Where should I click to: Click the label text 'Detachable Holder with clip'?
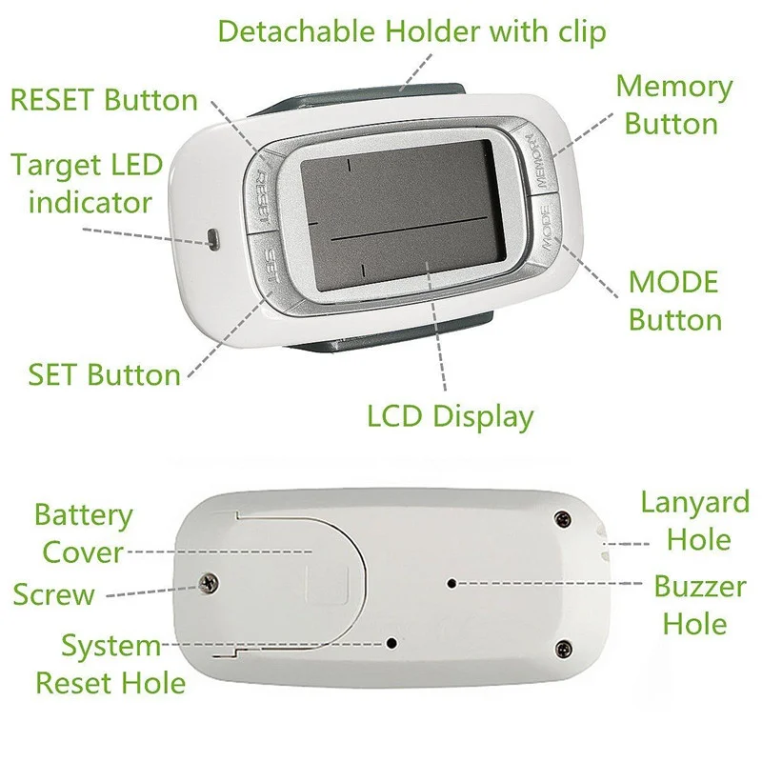coord(411,30)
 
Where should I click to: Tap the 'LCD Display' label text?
coord(451,416)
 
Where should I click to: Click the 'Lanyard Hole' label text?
coord(693,520)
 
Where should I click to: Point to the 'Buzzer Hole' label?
coord(699,605)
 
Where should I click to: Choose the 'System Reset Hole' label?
coord(110,664)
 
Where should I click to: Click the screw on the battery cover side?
coord(205,582)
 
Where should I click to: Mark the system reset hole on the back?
coord(391,643)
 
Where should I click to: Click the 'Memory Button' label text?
coord(673,105)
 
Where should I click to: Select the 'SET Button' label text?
coord(105,374)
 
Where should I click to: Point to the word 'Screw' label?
coord(54,595)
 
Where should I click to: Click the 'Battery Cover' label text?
coord(83,533)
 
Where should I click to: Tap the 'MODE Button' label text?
coord(674,300)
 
